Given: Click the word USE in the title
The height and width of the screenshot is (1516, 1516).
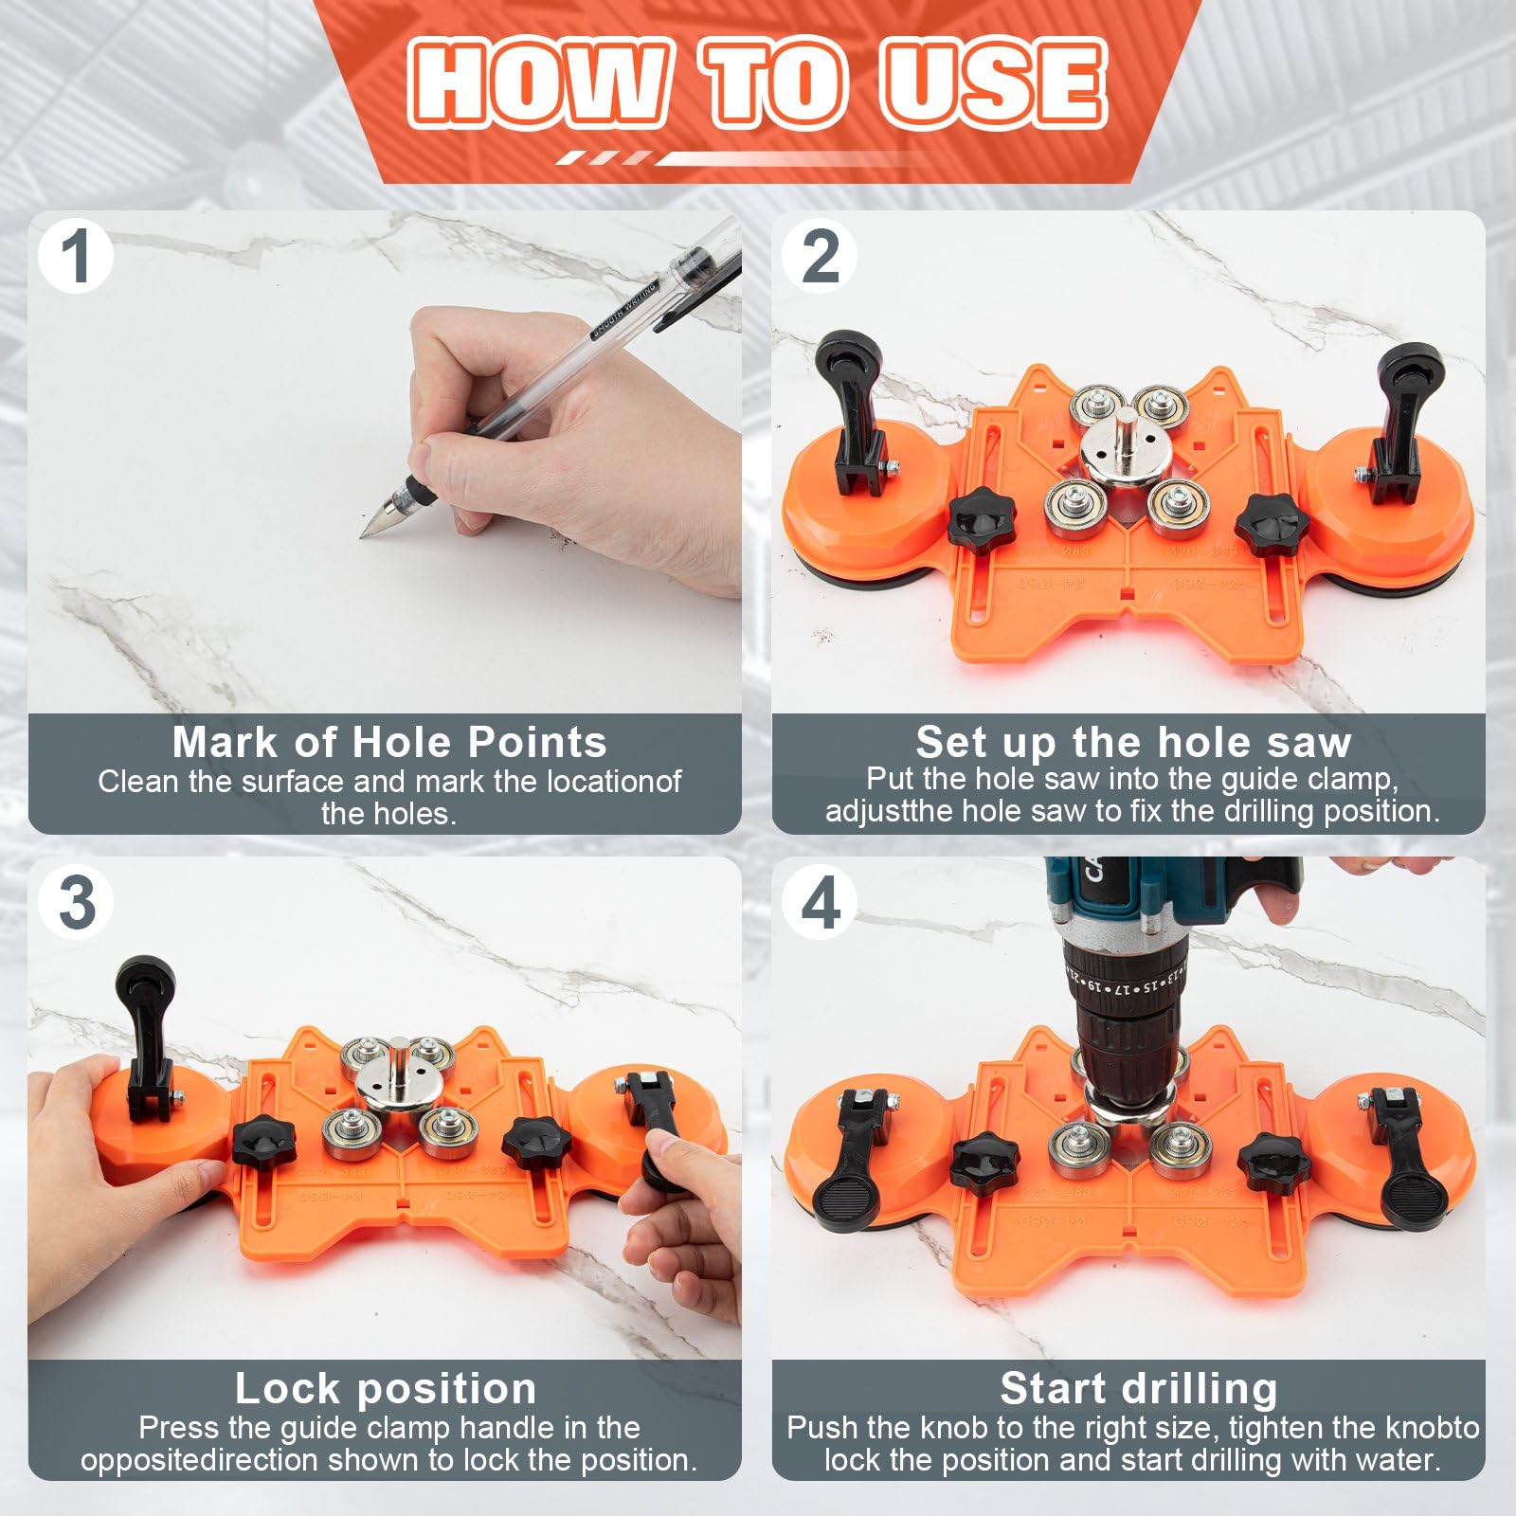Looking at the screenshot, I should tap(993, 83).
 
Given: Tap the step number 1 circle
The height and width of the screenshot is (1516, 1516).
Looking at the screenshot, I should tap(76, 256).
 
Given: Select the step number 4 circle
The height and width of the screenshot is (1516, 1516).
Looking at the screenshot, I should tap(821, 902).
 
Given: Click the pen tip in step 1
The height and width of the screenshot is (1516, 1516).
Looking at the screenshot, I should tap(364, 534).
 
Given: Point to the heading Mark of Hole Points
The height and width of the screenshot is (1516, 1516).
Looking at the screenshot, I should tap(388, 742).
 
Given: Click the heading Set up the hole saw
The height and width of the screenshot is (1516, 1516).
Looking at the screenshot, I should tap(1133, 742).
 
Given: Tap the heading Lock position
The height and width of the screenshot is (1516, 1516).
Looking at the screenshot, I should tap(386, 1388).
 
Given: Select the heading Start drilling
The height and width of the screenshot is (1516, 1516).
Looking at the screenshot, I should tap(1138, 1388).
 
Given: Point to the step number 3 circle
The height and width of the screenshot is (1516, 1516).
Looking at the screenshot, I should tap(76, 902).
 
